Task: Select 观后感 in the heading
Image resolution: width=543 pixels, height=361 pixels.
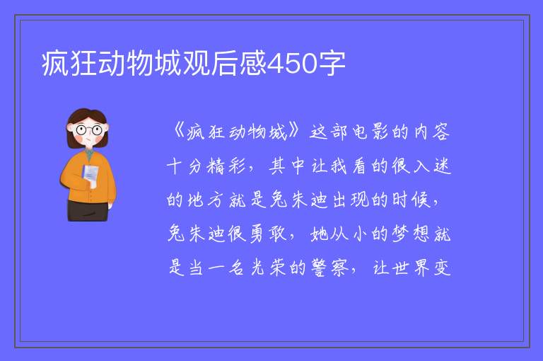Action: [x=225, y=63]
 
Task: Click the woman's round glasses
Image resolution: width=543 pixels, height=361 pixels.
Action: [x=88, y=130]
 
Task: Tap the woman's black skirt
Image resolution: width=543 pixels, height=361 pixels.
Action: [x=88, y=210]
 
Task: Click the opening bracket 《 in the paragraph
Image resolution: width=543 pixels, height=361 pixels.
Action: [x=180, y=131]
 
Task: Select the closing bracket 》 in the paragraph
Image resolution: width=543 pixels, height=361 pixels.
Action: [x=294, y=131]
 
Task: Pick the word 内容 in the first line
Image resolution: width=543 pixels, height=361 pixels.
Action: [x=432, y=132]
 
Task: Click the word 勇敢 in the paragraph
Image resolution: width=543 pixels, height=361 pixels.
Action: [x=268, y=234]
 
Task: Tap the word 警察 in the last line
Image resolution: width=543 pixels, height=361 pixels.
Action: [x=329, y=268]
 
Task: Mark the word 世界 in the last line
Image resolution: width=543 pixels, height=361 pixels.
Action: [x=411, y=268]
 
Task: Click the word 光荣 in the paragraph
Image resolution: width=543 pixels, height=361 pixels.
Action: [x=268, y=268]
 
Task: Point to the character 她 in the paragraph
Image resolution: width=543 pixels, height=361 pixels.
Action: [x=319, y=234]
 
